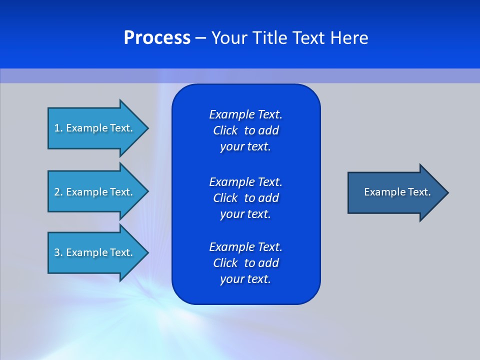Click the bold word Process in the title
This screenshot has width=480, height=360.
click(157, 38)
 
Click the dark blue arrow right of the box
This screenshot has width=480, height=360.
click(395, 192)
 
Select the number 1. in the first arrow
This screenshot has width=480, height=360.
click(58, 128)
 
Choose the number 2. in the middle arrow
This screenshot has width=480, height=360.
click(58, 192)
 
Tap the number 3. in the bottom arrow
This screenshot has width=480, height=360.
click(58, 252)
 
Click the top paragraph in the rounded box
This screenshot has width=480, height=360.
click(245, 130)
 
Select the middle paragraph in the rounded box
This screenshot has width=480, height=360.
click(245, 198)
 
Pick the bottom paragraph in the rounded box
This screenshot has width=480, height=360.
click(245, 263)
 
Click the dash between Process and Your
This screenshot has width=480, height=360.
click(200, 38)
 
